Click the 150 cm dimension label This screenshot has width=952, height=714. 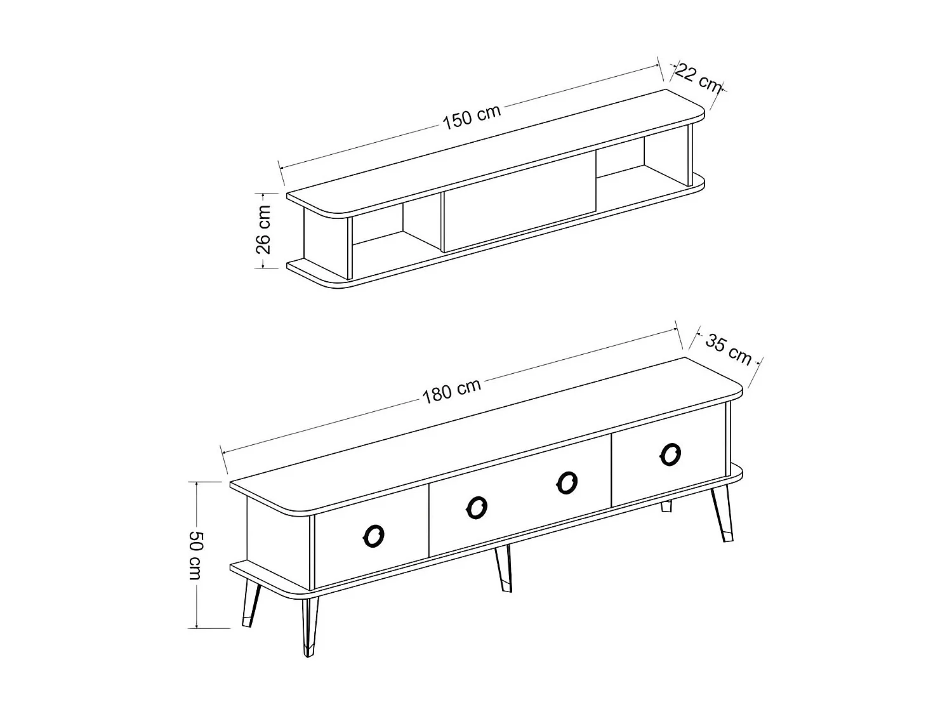[472, 117]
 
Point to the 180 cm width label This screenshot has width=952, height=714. [451, 392]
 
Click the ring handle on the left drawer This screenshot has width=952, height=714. [373, 536]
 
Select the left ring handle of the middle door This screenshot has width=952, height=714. [477, 507]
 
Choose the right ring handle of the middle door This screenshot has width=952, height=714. [566, 483]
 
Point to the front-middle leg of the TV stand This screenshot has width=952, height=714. [504, 568]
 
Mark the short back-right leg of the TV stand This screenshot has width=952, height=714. [666, 506]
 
